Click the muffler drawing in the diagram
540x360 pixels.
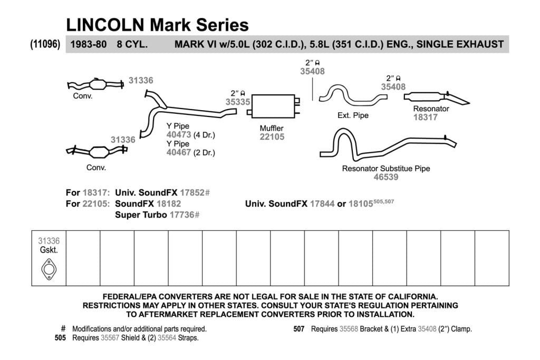coord(273,106)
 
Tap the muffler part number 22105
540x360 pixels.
coord(272,137)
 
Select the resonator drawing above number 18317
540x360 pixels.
coord(436,98)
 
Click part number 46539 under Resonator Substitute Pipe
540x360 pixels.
coord(386,177)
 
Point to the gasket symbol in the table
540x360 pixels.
coord(49,269)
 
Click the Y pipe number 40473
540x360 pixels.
coord(179,135)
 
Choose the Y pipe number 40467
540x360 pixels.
coord(179,152)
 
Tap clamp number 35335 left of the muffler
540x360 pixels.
coord(238,102)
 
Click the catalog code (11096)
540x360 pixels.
coord(45,44)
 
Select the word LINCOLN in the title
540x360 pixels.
coord(105,25)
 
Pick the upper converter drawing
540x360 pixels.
coord(95,84)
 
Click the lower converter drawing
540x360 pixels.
coord(97,151)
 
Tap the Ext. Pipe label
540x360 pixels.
coord(353,115)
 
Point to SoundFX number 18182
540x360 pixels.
coord(169,204)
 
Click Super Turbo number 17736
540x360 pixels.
coord(182,215)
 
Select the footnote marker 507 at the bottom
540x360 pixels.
coord(299,329)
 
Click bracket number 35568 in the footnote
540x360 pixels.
coord(349,329)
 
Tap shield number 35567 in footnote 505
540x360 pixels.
coord(110,338)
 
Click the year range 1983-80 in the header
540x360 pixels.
coord(89,44)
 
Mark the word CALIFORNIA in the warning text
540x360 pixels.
coord(413,297)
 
